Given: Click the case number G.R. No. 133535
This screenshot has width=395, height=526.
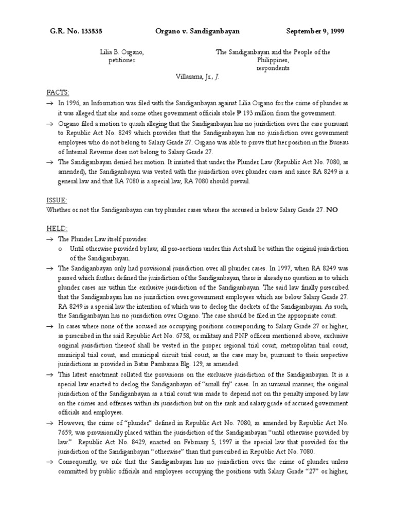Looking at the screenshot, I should click(x=76, y=31).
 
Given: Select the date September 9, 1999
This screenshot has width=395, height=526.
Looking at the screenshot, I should click(x=315, y=31).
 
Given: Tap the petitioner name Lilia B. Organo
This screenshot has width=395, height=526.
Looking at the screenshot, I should click(x=122, y=52).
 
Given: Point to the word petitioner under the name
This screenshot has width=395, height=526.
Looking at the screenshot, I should click(x=122, y=60).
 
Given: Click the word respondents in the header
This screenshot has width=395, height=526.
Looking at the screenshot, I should click(x=273, y=68).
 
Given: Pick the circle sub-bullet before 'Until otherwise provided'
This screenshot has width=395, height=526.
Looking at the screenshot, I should click(x=61, y=249).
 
